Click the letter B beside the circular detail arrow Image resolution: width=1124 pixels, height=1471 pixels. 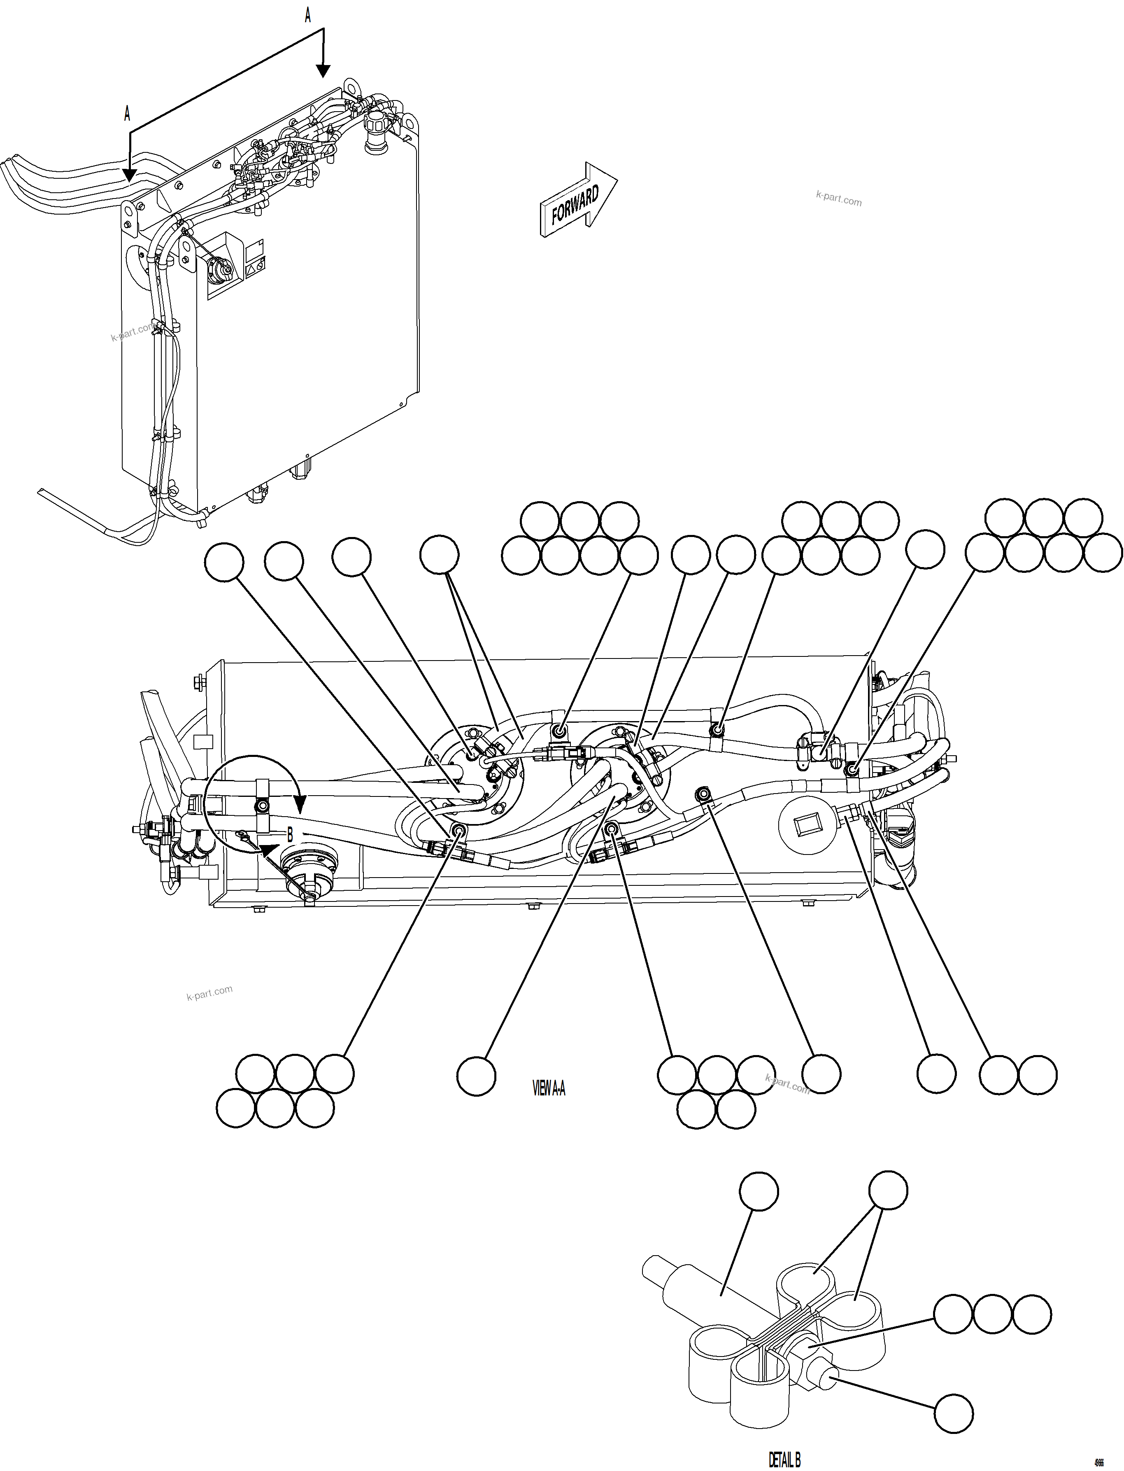click(x=290, y=835)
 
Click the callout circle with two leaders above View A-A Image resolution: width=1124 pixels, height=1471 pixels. click(x=439, y=554)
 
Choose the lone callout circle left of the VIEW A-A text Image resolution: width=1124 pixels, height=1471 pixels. click(x=476, y=1076)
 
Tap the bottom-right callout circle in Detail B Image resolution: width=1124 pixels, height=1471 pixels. click(x=953, y=1413)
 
